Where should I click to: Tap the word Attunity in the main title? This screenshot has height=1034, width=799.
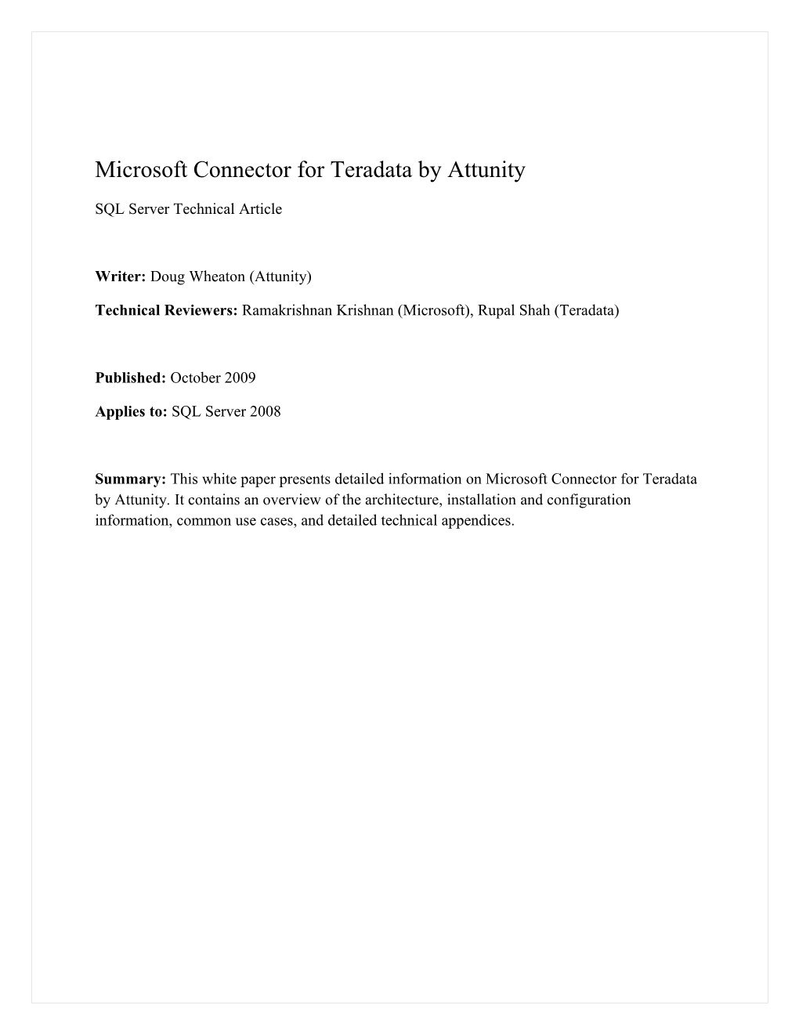click(487, 169)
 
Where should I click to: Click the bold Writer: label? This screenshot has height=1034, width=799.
click(121, 277)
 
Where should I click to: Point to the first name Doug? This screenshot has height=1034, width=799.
click(165, 277)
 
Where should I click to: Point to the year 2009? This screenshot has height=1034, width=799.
click(240, 378)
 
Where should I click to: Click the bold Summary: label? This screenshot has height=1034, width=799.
click(131, 479)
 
